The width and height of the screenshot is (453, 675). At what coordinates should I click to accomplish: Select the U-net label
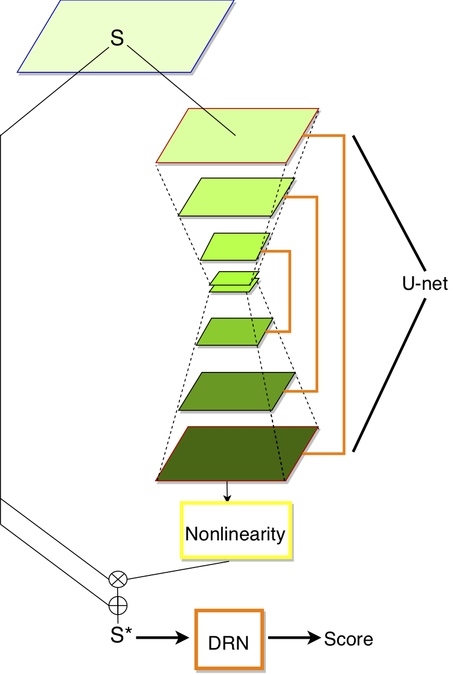pyautogui.click(x=425, y=283)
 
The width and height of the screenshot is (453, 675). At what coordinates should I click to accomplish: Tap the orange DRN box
pyautogui.click(x=229, y=640)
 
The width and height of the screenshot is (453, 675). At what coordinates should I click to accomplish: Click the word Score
pyautogui.click(x=349, y=639)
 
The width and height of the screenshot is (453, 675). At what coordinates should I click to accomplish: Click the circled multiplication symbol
pyautogui.click(x=117, y=580)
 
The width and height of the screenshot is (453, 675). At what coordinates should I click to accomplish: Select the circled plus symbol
pyautogui.click(x=117, y=603)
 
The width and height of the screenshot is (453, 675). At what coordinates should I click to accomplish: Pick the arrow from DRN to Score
pyautogui.click(x=294, y=638)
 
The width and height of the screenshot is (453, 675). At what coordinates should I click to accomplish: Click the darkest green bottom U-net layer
pyautogui.click(x=237, y=454)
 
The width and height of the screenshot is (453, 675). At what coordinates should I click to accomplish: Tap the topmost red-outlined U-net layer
pyautogui.click(x=237, y=135)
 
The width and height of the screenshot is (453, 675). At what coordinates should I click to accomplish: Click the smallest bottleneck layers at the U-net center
pyautogui.click(x=234, y=282)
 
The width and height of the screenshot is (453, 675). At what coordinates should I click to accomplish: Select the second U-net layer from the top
pyautogui.click(x=236, y=197)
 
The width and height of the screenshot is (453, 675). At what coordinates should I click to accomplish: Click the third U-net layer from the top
pyautogui.click(x=235, y=246)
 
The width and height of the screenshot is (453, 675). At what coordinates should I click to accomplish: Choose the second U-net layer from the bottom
pyautogui.click(x=237, y=392)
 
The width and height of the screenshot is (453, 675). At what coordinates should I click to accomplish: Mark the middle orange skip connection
pyautogui.click(x=317, y=293)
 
